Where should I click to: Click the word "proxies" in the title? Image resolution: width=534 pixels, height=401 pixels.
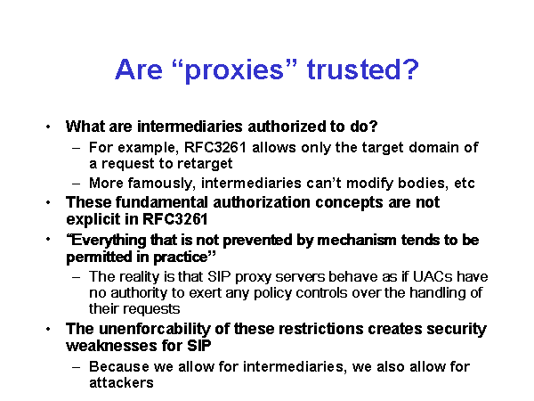click(235, 70)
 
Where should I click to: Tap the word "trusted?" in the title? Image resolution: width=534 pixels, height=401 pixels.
click(363, 70)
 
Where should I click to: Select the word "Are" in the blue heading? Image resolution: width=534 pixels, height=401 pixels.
click(139, 70)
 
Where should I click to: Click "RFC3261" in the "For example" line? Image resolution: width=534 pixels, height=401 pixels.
click(214, 148)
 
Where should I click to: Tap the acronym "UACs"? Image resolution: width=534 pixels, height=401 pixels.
click(433, 276)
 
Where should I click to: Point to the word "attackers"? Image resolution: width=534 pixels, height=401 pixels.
click(121, 383)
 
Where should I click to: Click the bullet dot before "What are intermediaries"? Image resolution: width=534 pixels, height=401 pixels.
click(48, 127)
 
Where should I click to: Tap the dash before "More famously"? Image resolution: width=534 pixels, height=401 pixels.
click(77, 184)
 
